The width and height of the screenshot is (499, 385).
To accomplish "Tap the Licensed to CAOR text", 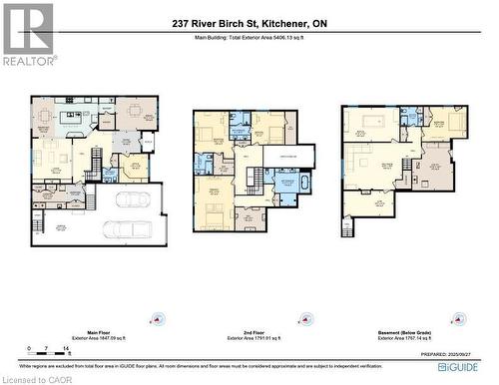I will click(32, 379).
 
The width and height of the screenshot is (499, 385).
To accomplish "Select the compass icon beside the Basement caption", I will click(457, 321).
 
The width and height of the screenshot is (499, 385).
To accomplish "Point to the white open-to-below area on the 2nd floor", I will click(288, 157).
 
